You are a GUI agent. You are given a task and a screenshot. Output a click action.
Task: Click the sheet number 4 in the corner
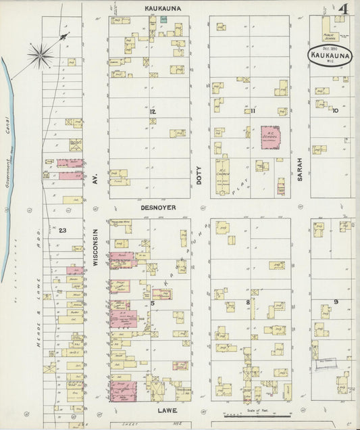344,9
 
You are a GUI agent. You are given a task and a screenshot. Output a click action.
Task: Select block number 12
153,110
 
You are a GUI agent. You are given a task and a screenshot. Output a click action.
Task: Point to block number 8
248,302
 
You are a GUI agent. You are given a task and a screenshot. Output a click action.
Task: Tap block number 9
335,301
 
